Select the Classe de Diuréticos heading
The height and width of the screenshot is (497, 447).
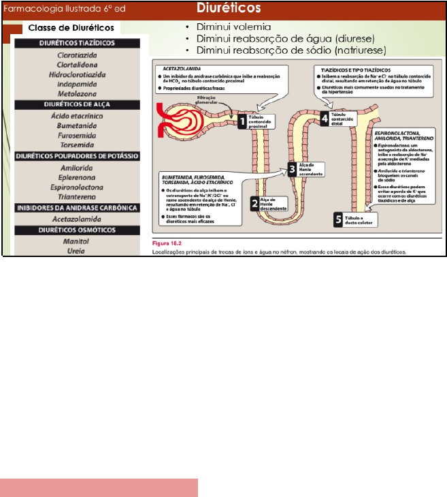click(70, 29)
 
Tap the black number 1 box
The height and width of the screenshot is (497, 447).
click(242, 121)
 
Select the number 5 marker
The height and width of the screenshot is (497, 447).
click(338, 219)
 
